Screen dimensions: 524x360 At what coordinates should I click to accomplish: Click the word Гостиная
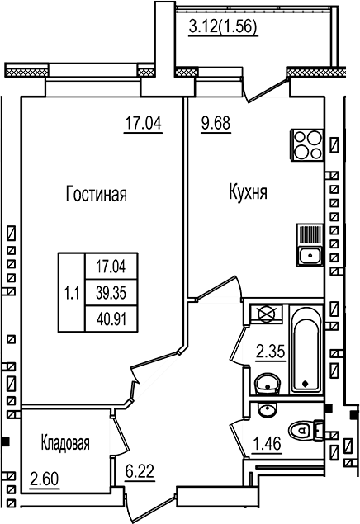pos(95,195)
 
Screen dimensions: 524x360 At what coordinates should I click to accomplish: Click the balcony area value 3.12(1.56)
pos(223,26)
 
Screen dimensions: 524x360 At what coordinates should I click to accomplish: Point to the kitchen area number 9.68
pos(216,125)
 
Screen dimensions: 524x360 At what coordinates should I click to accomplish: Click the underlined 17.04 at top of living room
pos(142,125)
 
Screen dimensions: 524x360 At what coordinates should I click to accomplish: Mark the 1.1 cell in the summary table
pos(71,290)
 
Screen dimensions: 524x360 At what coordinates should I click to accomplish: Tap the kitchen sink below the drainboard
pos(310,253)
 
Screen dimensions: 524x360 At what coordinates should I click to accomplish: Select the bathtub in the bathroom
pos(304,350)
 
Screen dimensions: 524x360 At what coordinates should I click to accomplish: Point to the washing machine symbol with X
pos(266,314)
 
